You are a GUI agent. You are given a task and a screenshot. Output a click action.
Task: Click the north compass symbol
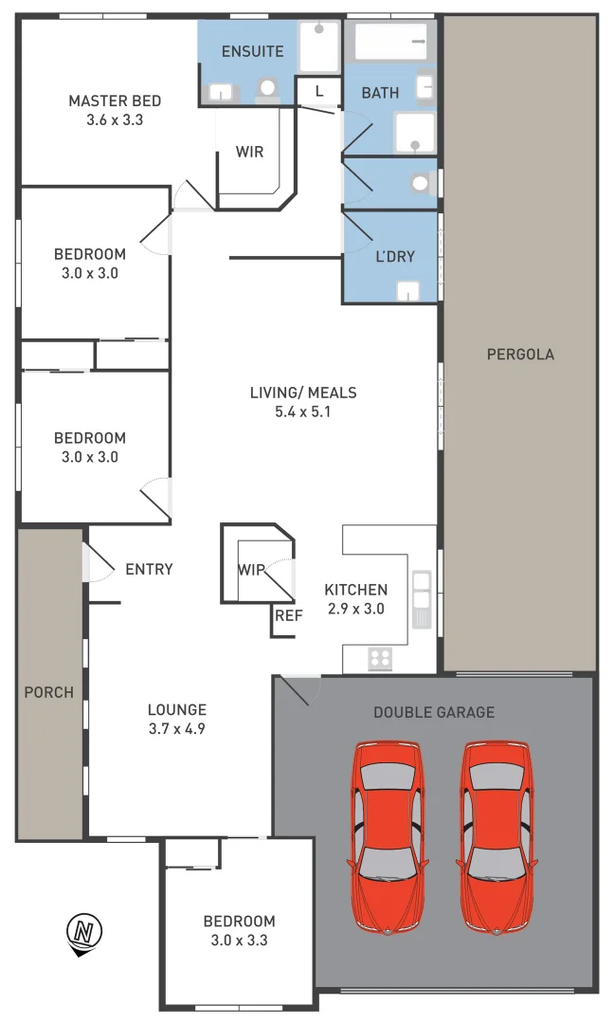86,932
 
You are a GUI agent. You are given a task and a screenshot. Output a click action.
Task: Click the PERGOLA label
520,355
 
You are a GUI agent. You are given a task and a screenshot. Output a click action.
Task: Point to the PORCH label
48,692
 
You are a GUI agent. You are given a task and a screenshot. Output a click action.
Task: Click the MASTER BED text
115,101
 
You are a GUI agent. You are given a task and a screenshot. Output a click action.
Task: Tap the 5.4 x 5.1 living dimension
303,411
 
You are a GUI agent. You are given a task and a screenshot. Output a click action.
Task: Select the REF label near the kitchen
288,615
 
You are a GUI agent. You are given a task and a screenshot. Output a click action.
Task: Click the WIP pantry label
251,570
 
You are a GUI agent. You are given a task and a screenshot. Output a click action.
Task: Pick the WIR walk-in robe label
249,152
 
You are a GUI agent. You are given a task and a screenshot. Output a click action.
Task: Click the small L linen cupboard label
319,91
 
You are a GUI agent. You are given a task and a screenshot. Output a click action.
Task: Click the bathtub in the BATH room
390,43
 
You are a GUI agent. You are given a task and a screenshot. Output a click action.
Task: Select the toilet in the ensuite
268,88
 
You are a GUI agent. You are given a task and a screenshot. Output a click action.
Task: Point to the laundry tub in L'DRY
408,291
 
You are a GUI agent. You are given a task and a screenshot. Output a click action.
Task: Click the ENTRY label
149,569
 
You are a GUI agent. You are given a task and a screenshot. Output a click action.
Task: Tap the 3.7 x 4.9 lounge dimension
176,729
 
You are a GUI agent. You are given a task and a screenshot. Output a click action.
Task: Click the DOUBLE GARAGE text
434,712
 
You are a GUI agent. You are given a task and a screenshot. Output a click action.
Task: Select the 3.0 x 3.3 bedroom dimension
239,941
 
